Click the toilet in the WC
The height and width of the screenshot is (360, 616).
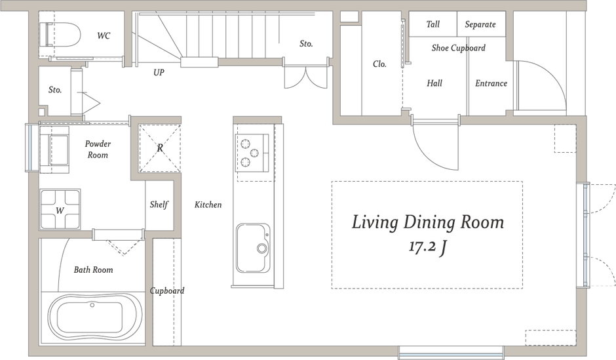(x=63, y=34)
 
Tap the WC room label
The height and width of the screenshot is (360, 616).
(x=104, y=36)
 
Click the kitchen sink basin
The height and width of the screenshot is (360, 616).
(x=253, y=248)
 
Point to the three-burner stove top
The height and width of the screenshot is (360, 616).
(x=252, y=153)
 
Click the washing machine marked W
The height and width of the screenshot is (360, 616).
(x=60, y=209)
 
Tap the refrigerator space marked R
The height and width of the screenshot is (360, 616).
(x=159, y=148)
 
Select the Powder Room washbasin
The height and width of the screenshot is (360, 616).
(x=54, y=150)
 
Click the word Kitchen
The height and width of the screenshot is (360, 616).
(x=208, y=205)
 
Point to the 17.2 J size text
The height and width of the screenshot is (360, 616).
(x=427, y=247)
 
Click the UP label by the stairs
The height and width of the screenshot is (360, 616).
(x=159, y=72)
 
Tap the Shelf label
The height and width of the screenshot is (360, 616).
(x=159, y=205)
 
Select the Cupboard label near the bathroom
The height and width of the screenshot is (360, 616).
(x=167, y=291)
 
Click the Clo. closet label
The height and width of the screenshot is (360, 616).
(x=379, y=64)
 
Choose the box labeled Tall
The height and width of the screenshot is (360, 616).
(x=433, y=24)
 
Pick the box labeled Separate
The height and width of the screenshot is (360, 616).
(x=481, y=24)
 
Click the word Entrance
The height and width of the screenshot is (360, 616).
(x=491, y=83)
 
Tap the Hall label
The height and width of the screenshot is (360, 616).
(x=434, y=83)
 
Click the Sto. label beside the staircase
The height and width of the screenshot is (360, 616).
(x=306, y=44)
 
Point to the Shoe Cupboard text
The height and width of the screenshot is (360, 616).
(x=459, y=48)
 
